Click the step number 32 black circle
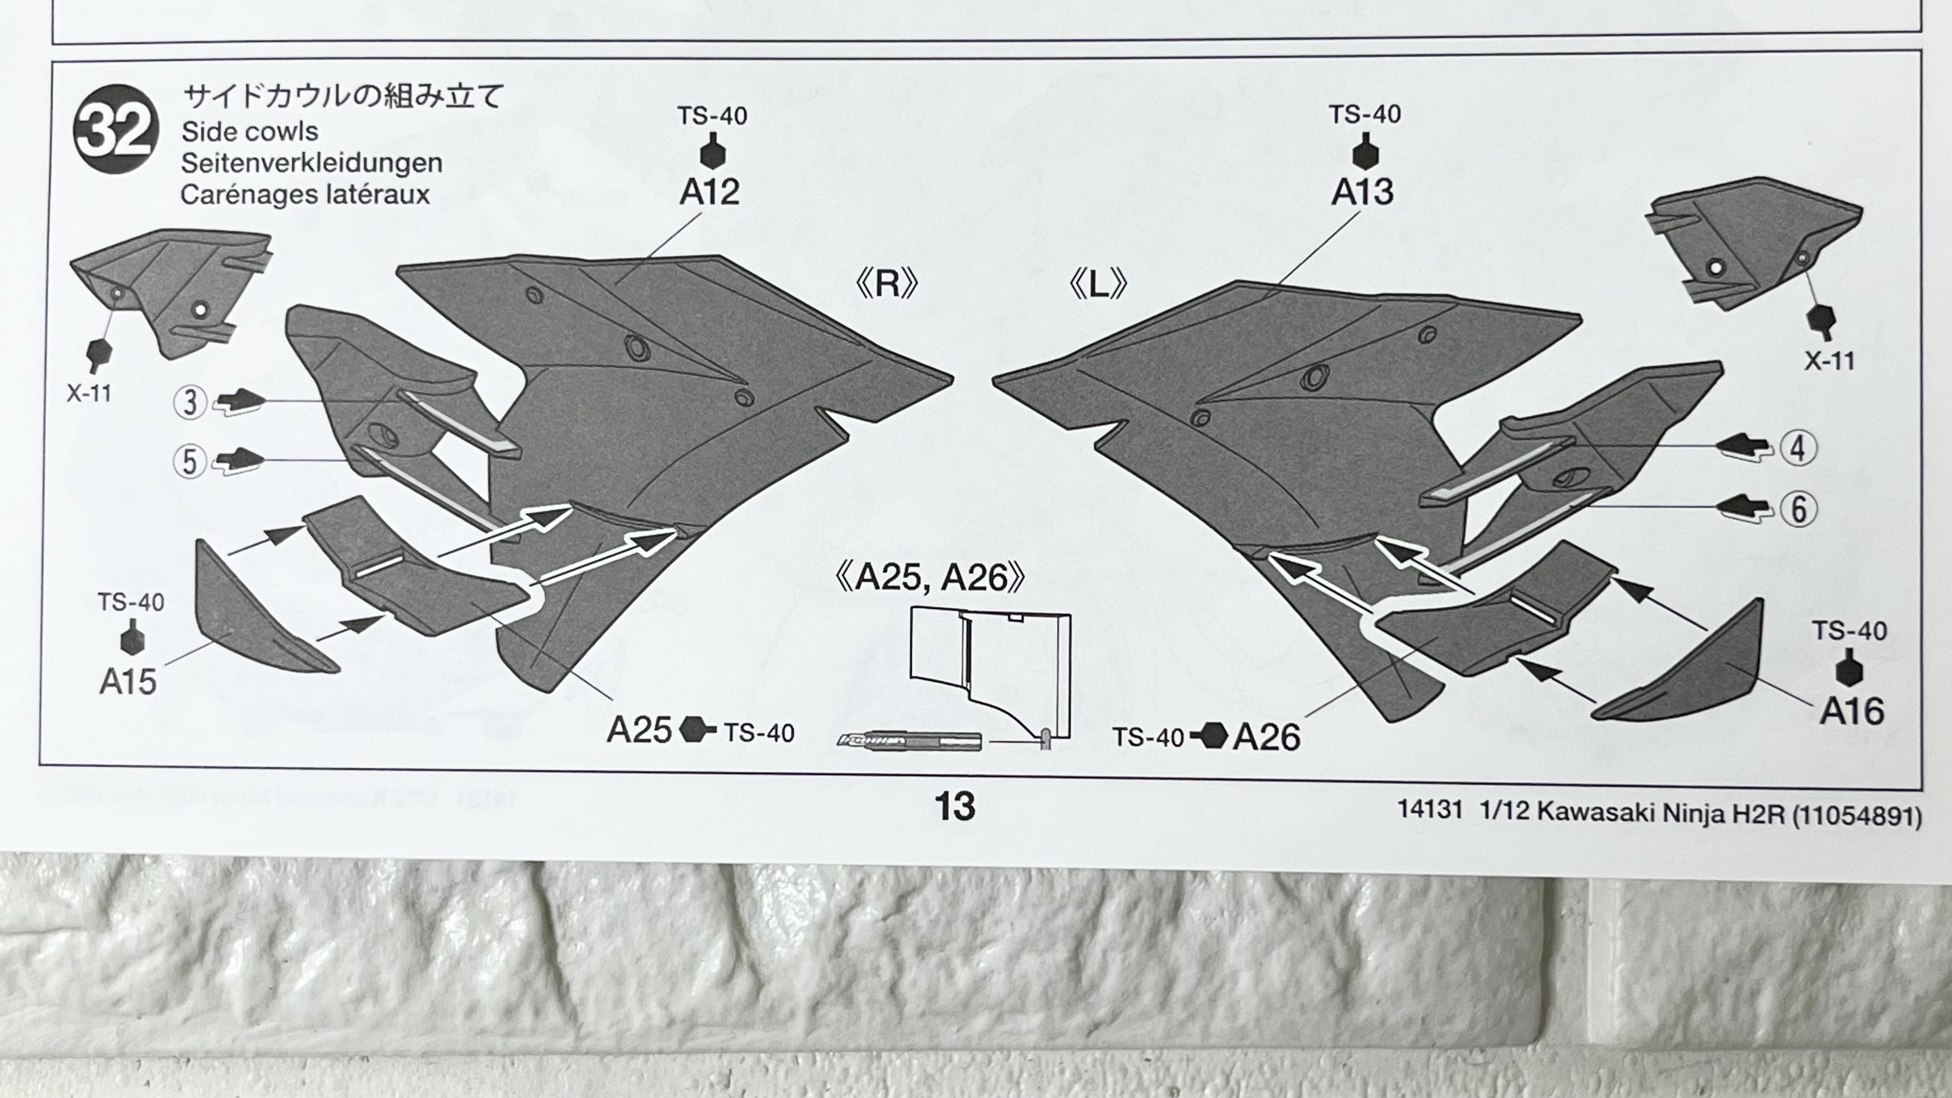click(x=116, y=129)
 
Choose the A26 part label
click(x=1266, y=736)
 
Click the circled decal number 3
click(x=190, y=402)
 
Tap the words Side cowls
click(x=249, y=132)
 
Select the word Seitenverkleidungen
click(x=311, y=163)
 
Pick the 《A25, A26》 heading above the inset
click(x=930, y=578)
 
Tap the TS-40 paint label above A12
click(x=712, y=116)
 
